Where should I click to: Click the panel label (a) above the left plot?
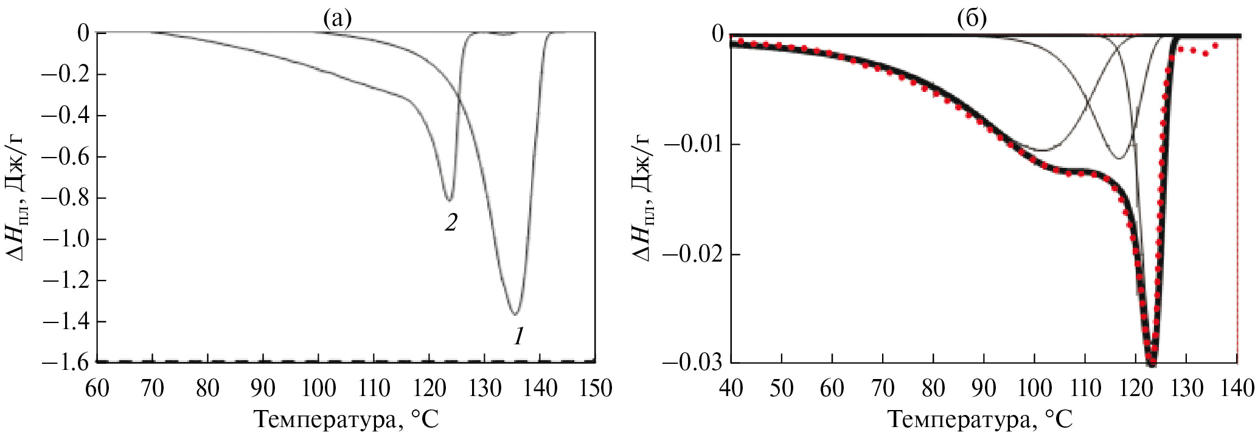coord(337,19)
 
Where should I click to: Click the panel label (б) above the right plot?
coord(972,19)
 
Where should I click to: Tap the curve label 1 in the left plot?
coord(518,336)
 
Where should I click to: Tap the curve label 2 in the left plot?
coord(450,223)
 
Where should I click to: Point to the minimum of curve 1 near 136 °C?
coord(515,314)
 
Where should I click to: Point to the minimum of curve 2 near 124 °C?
coord(448,200)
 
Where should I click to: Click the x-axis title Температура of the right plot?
coord(980,420)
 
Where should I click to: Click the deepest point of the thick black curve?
coord(1151,363)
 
